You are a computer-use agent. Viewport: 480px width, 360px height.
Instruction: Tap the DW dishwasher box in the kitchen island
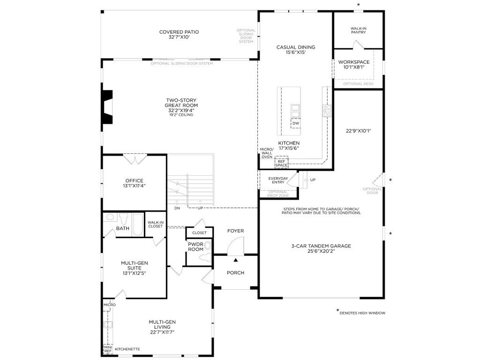click(296, 123)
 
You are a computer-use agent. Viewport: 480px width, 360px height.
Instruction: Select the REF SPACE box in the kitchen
click(281, 163)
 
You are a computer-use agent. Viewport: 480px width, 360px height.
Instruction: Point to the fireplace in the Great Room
click(107, 107)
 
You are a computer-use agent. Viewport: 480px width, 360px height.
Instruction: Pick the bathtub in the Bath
click(138, 225)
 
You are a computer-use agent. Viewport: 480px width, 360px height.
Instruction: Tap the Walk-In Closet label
click(156, 225)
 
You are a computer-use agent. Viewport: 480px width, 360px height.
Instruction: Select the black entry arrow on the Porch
click(236, 260)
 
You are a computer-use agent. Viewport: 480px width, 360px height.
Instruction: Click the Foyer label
click(236, 231)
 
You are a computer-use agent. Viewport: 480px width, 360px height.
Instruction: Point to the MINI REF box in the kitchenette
click(108, 349)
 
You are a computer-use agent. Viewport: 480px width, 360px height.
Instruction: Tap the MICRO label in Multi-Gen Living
click(110, 305)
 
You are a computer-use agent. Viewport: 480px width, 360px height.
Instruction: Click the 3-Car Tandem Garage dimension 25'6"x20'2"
click(321, 251)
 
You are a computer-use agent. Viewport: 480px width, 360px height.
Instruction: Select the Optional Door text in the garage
click(372, 191)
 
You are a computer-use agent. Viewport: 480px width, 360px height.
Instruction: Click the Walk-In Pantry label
click(359, 30)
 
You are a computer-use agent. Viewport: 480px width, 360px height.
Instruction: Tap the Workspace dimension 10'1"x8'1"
click(354, 67)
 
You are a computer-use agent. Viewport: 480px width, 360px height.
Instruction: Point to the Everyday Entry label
click(278, 180)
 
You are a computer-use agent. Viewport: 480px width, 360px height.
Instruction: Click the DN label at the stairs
click(177, 208)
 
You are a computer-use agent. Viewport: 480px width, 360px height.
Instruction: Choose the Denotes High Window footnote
click(362, 313)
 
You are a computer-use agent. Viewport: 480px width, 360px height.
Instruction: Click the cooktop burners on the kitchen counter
click(327, 111)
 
